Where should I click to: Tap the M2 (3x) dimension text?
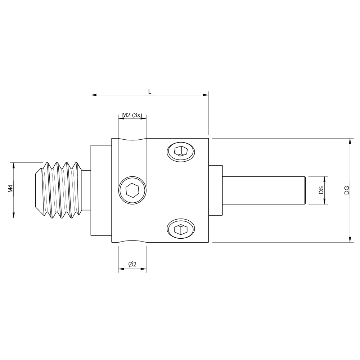point(132,115)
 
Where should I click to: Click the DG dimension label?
point(346,190)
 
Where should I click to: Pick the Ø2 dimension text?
point(132,265)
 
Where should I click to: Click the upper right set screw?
point(181,151)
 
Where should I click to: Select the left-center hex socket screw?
point(132,189)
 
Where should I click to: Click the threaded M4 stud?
point(61,190)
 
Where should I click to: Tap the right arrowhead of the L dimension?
point(206,95)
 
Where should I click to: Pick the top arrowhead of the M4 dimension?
point(14,165)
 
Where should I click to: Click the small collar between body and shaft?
point(216,190)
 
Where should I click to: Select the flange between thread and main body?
point(101,190)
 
